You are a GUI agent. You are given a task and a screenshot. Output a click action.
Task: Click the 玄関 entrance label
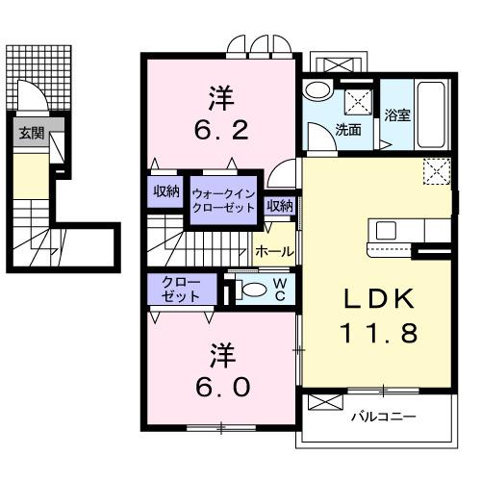30,134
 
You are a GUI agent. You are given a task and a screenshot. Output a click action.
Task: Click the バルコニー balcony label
382,417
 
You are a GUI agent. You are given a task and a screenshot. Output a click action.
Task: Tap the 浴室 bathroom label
397,114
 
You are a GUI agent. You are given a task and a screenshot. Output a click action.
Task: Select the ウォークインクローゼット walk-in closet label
222,200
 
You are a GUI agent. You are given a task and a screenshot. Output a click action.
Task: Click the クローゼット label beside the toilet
182,289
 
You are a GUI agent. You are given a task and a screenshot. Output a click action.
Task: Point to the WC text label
278,290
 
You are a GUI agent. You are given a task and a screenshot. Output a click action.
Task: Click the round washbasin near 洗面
316,90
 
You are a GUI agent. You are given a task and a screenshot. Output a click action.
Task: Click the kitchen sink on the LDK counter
386,231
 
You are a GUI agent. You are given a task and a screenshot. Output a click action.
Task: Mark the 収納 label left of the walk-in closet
167,190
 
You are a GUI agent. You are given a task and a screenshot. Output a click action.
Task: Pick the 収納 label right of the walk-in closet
279,205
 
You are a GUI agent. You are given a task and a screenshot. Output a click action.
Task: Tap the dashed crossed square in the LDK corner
436,172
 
